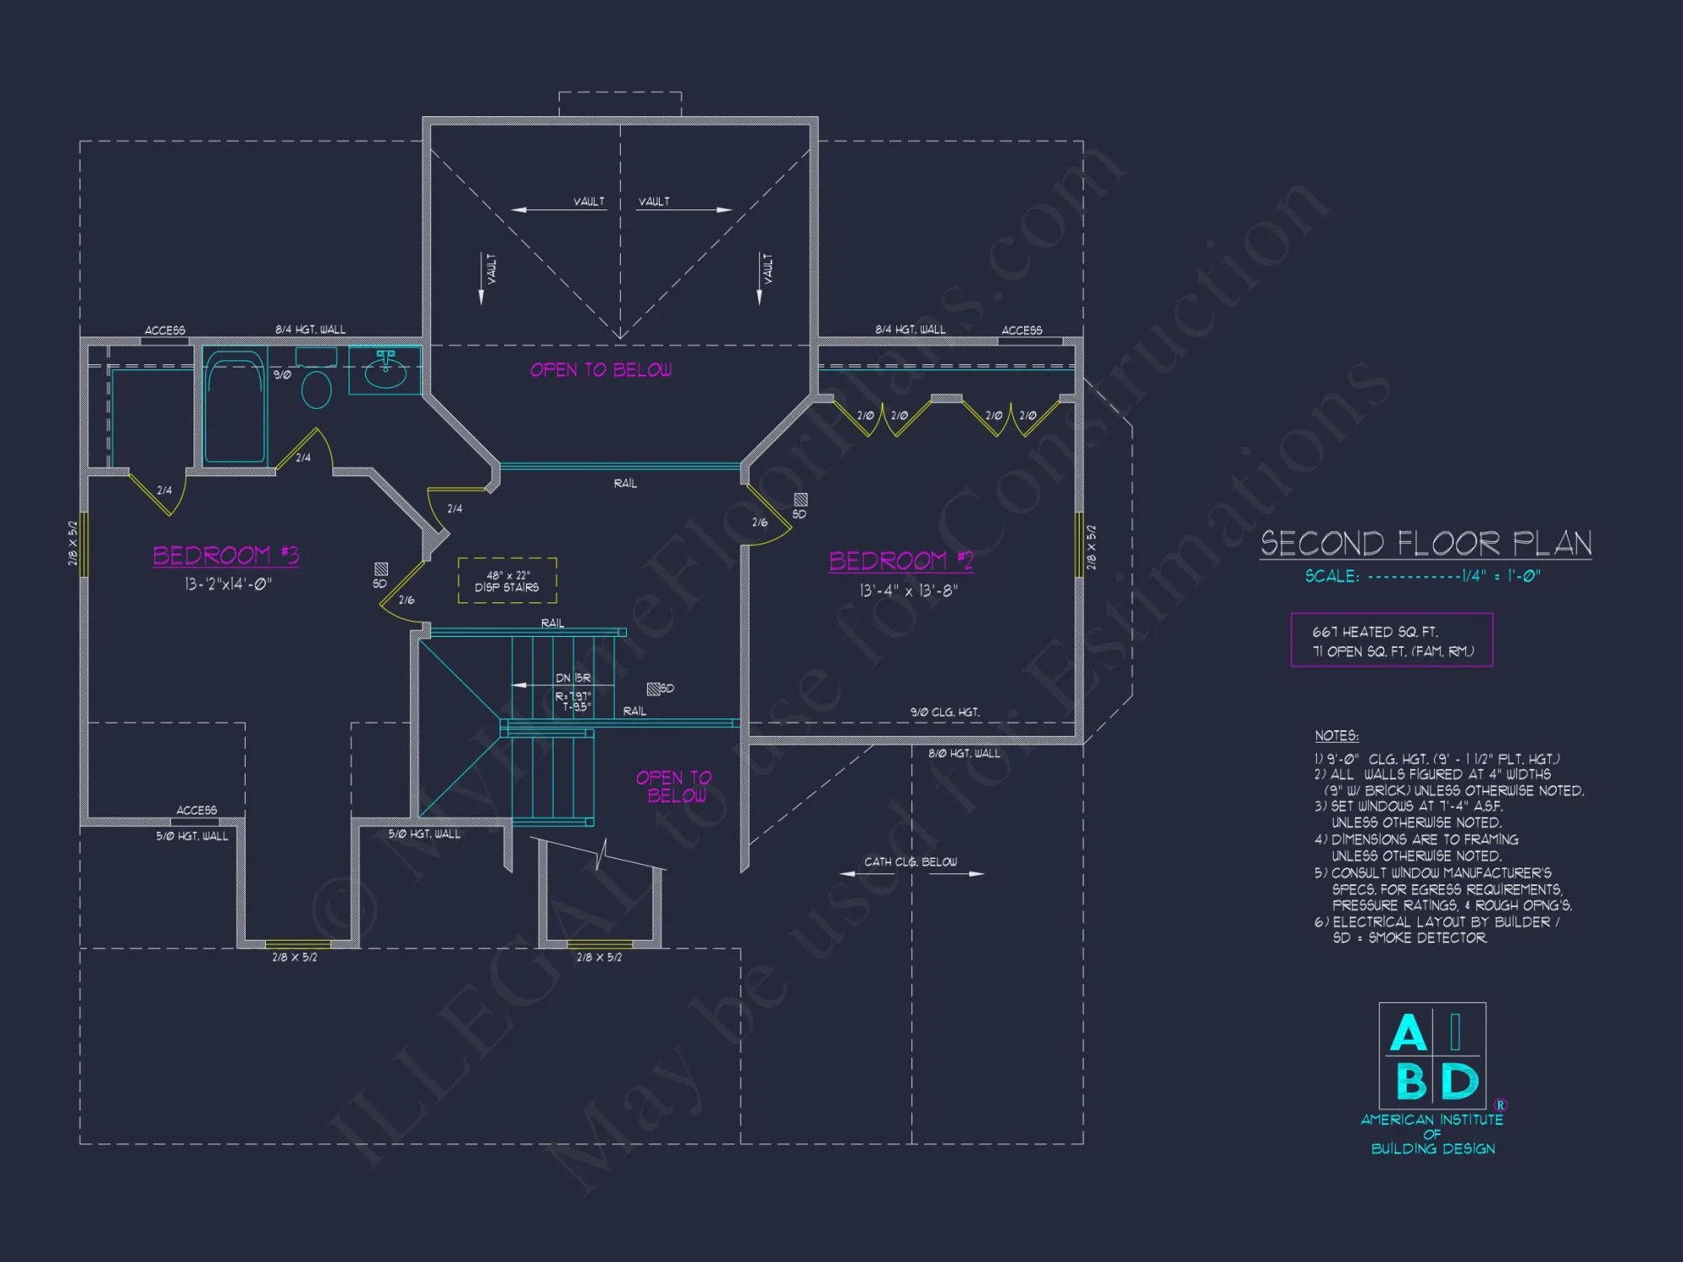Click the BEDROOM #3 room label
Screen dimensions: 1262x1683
226,555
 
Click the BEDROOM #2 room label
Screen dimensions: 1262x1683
900,560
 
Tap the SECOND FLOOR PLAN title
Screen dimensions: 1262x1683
1426,544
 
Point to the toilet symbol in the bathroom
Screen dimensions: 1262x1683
316,390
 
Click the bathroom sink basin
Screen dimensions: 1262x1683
385,374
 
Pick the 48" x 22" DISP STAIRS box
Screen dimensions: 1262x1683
507,581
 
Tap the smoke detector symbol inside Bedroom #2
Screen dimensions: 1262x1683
800,500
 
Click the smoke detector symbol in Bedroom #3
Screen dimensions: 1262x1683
381,569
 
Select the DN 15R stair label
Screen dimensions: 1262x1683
573,678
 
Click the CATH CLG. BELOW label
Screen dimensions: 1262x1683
911,862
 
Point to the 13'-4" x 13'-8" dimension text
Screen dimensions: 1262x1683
909,591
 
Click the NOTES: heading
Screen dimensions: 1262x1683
1336,735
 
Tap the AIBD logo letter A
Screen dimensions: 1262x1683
1408,1033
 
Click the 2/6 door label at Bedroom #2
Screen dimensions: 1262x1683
760,522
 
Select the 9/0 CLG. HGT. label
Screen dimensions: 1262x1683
945,712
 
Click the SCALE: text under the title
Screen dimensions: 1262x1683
1332,576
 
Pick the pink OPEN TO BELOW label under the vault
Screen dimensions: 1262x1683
601,370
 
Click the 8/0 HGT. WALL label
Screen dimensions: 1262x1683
964,753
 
